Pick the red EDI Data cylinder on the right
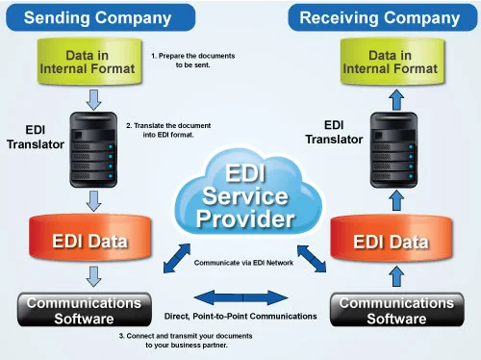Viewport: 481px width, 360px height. tap(390, 240)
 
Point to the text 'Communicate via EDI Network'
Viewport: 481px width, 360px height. tap(242, 263)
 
